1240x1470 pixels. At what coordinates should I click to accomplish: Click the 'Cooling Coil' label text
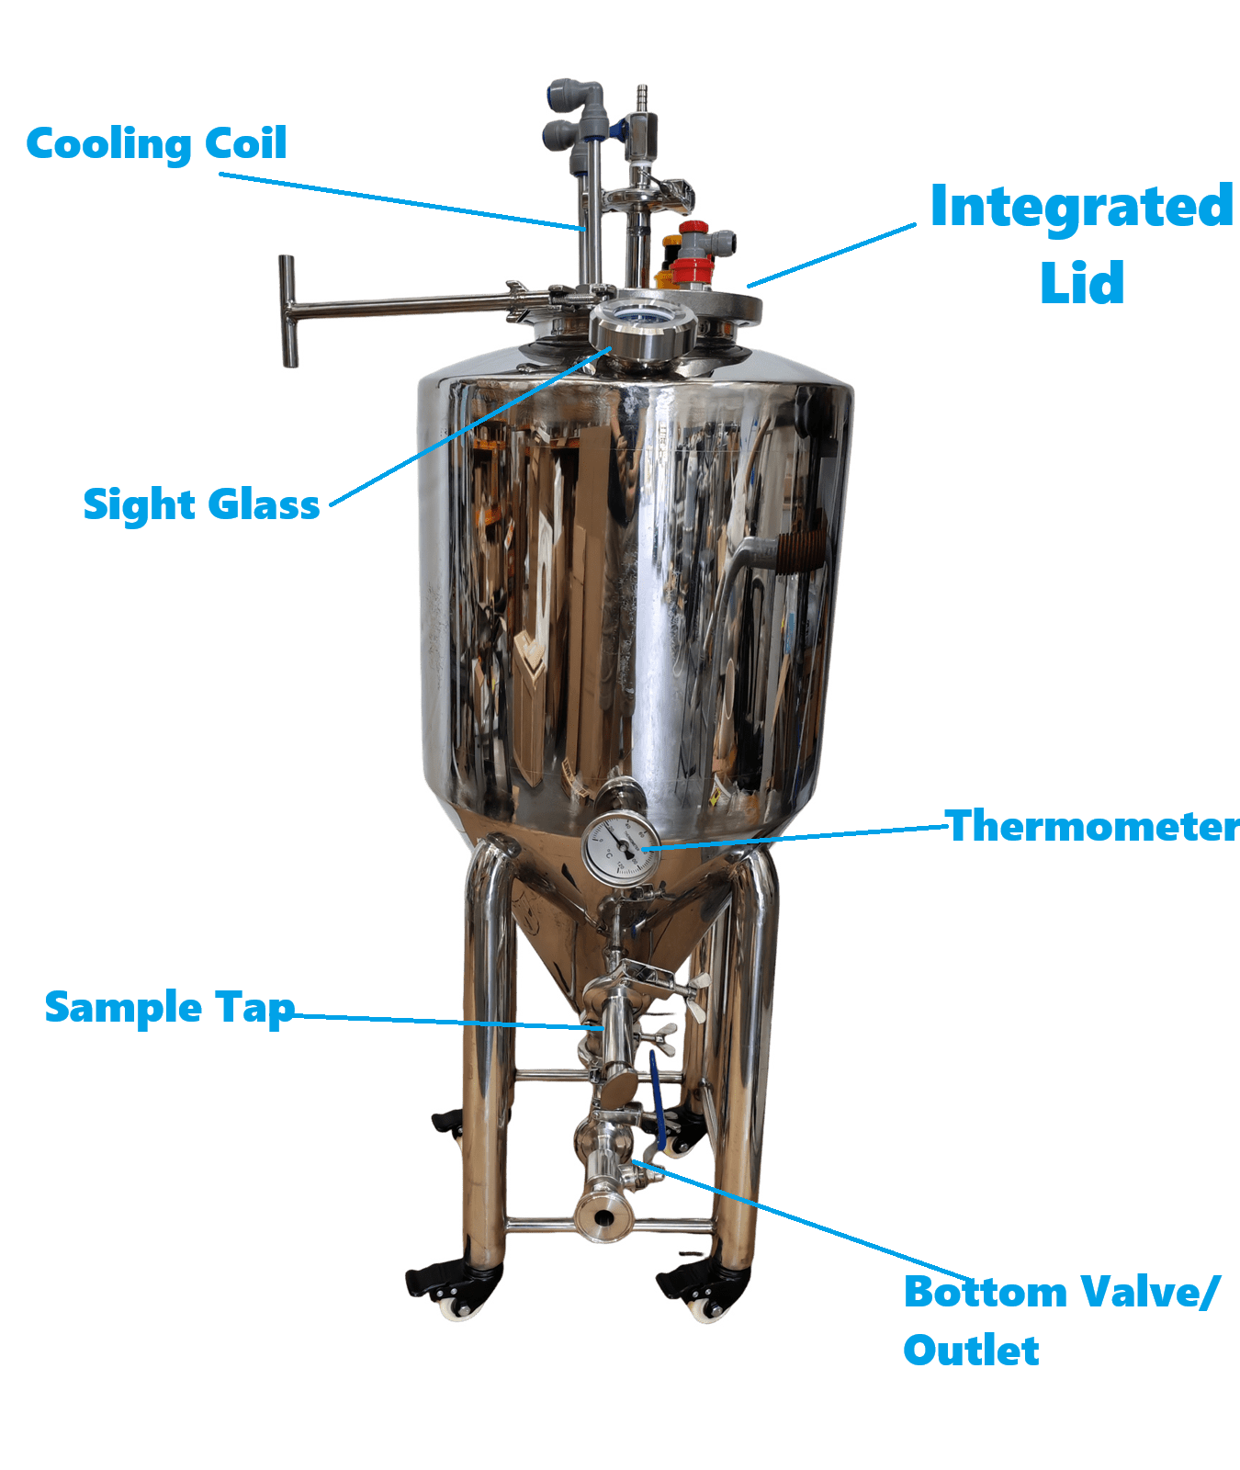(x=156, y=144)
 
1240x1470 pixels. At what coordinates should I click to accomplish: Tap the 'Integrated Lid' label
(x=1081, y=243)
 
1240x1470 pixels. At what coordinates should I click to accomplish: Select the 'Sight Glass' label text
(x=201, y=504)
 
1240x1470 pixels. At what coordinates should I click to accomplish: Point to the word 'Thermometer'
(x=1092, y=826)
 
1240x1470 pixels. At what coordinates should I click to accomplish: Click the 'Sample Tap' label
(x=170, y=1008)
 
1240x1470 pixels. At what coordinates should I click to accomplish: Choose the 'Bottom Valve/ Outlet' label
(x=1061, y=1320)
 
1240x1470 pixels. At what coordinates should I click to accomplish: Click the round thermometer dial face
(x=621, y=849)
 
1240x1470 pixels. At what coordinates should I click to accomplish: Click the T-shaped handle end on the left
(x=288, y=311)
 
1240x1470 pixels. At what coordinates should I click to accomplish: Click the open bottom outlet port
(x=603, y=1218)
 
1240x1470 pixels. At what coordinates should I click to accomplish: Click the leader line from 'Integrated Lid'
(x=831, y=255)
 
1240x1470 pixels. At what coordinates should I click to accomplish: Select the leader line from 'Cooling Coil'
(x=401, y=200)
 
